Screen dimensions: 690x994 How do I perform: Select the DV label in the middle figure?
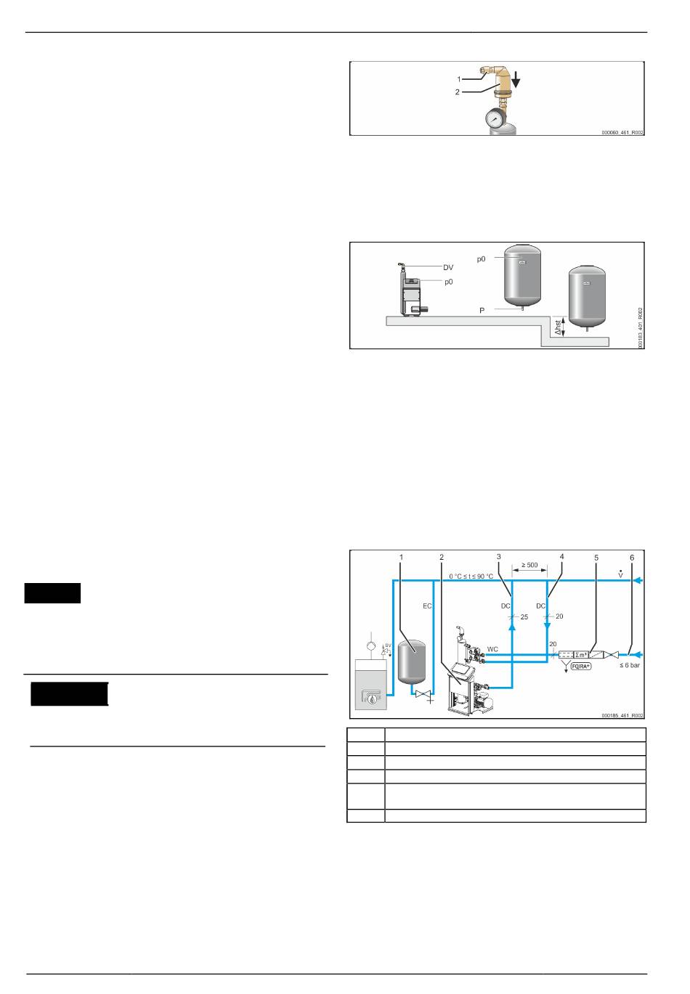(448, 268)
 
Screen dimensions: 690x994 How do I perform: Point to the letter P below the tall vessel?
(482, 310)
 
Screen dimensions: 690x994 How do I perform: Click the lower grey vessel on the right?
(587, 296)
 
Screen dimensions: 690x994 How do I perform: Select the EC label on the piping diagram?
(427, 605)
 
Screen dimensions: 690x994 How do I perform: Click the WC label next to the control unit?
(492, 648)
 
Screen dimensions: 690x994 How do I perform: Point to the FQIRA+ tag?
(581, 665)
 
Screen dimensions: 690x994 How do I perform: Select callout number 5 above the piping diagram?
(596, 557)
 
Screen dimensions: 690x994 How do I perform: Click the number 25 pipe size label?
(524, 616)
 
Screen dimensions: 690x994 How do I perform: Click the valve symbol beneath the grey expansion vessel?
(423, 694)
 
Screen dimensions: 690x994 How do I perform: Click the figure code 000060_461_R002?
(622, 133)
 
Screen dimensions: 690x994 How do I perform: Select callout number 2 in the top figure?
(458, 92)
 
